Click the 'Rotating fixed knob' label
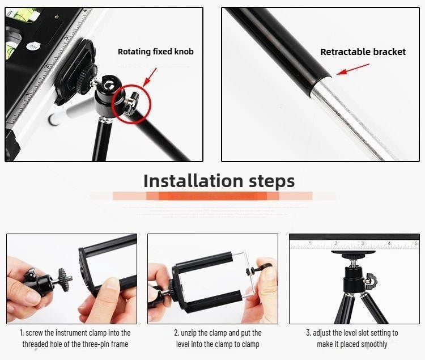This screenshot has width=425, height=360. tap(155, 52)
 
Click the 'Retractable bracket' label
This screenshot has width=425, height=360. tap(363, 52)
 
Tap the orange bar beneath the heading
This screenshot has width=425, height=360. tap(212, 196)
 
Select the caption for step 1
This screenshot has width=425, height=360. tap(76, 338)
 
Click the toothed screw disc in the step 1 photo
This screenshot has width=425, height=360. tap(63, 279)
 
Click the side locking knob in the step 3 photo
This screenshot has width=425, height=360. tap(371, 279)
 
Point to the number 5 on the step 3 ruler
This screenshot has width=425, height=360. tap(416, 244)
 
